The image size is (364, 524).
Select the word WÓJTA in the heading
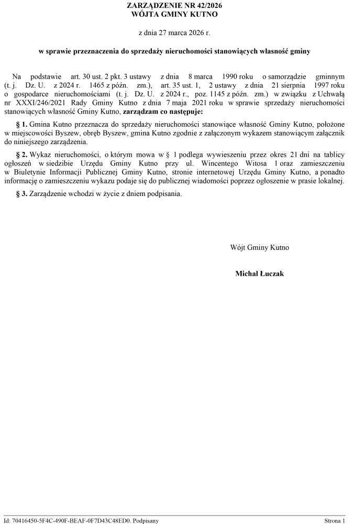pos(147,14)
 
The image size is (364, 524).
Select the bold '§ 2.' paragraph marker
pos(21,155)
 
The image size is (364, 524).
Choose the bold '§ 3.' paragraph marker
pos(21,193)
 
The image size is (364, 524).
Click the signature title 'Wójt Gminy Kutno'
pos(259,247)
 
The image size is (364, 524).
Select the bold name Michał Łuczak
pos(259,274)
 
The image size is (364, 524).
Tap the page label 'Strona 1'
pos(335,520)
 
